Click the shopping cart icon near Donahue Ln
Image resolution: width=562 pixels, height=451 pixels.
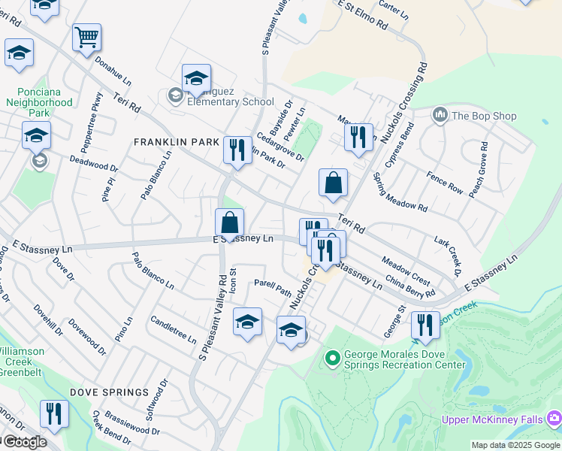coord(87,38)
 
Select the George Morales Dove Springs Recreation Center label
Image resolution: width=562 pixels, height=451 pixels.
coord(406,359)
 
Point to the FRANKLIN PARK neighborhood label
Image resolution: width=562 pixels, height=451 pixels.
coord(177,142)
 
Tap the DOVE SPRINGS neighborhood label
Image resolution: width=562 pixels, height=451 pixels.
coord(109,392)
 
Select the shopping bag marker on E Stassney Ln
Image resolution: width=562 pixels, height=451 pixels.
coord(230,223)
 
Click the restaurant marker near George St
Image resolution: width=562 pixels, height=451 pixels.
coord(425,325)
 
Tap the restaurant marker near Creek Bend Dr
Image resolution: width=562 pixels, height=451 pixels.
coord(54,413)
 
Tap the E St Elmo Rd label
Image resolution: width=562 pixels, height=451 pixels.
coord(363,15)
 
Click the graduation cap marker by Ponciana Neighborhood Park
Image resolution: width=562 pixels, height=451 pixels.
coord(36,135)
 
